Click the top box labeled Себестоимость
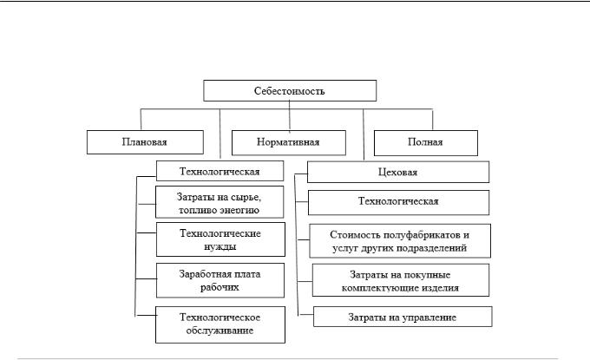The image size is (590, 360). pos(290,91)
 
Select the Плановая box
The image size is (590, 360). pos(145,142)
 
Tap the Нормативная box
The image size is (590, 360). pos(289,142)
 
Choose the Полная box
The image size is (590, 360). pos(425,142)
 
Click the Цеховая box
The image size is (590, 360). pos(398,172)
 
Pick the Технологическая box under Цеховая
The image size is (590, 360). pos(398,202)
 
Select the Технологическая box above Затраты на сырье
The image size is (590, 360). pos(220,171)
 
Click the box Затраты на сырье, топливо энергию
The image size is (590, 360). pos(220,202)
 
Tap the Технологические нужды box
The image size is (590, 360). pos(220,239)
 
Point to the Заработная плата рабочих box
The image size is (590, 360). pos(220,280)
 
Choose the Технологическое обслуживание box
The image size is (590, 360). pos(220,324)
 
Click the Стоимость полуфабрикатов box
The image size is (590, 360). pos(400,241)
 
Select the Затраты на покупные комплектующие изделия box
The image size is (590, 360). pos(401,280)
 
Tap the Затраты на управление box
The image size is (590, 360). pos(403,317)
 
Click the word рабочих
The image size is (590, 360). pos(220,287)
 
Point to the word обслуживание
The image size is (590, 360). pos(220,331)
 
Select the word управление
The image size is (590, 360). pos(429,317)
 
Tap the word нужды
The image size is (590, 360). pos(220,247)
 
